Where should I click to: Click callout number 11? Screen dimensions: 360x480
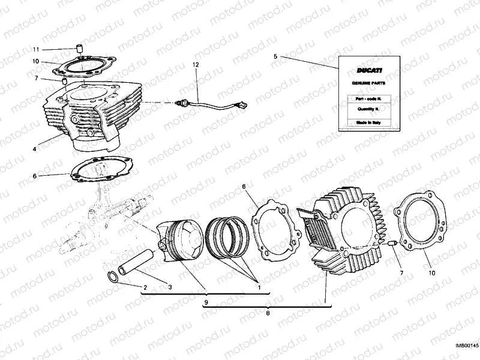[x=36, y=49]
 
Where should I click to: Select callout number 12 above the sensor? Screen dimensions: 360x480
[x=195, y=64]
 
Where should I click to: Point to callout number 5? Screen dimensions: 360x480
[x=275, y=56]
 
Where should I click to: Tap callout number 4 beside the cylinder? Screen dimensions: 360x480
[x=35, y=149]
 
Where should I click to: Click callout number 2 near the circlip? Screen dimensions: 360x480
[x=145, y=287]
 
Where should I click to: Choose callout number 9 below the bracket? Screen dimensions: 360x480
[x=206, y=302]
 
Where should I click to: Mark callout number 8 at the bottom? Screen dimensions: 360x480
[x=268, y=312]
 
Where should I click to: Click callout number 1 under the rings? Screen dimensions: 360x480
[x=259, y=287]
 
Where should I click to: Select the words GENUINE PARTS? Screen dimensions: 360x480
[x=365, y=83]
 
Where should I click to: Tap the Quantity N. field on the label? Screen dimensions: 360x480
[x=365, y=109]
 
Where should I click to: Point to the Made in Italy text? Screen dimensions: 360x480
[x=365, y=122]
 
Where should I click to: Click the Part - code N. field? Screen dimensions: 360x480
[x=365, y=97]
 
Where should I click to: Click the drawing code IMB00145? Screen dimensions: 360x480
[x=466, y=345]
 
